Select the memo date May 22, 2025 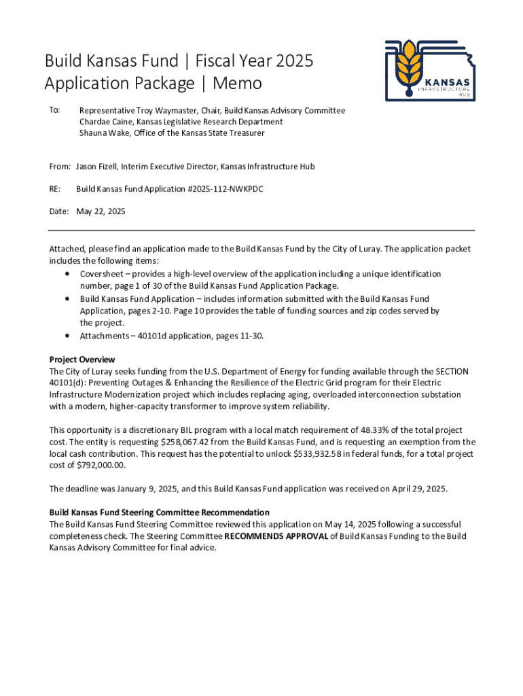(x=101, y=211)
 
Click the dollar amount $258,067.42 (x=190, y=442)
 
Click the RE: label (x=55, y=189)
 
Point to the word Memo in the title (x=237, y=84)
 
